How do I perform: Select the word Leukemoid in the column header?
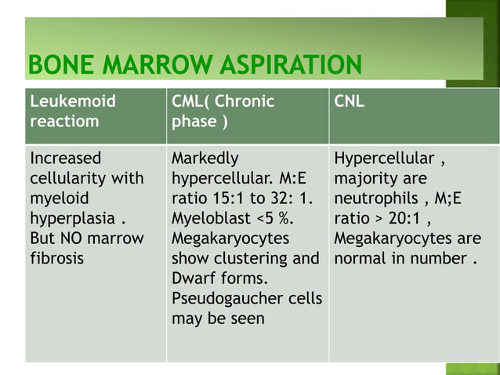[72, 101]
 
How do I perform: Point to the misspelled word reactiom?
[63, 122]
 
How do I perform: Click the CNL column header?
[350, 101]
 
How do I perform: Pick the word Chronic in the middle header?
[245, 101]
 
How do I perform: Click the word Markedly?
[205, 158]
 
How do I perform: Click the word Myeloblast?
[209, 217]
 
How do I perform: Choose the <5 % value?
[274, 217]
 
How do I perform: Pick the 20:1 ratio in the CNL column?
[398, 217]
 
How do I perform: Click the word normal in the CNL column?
[361, 258]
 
